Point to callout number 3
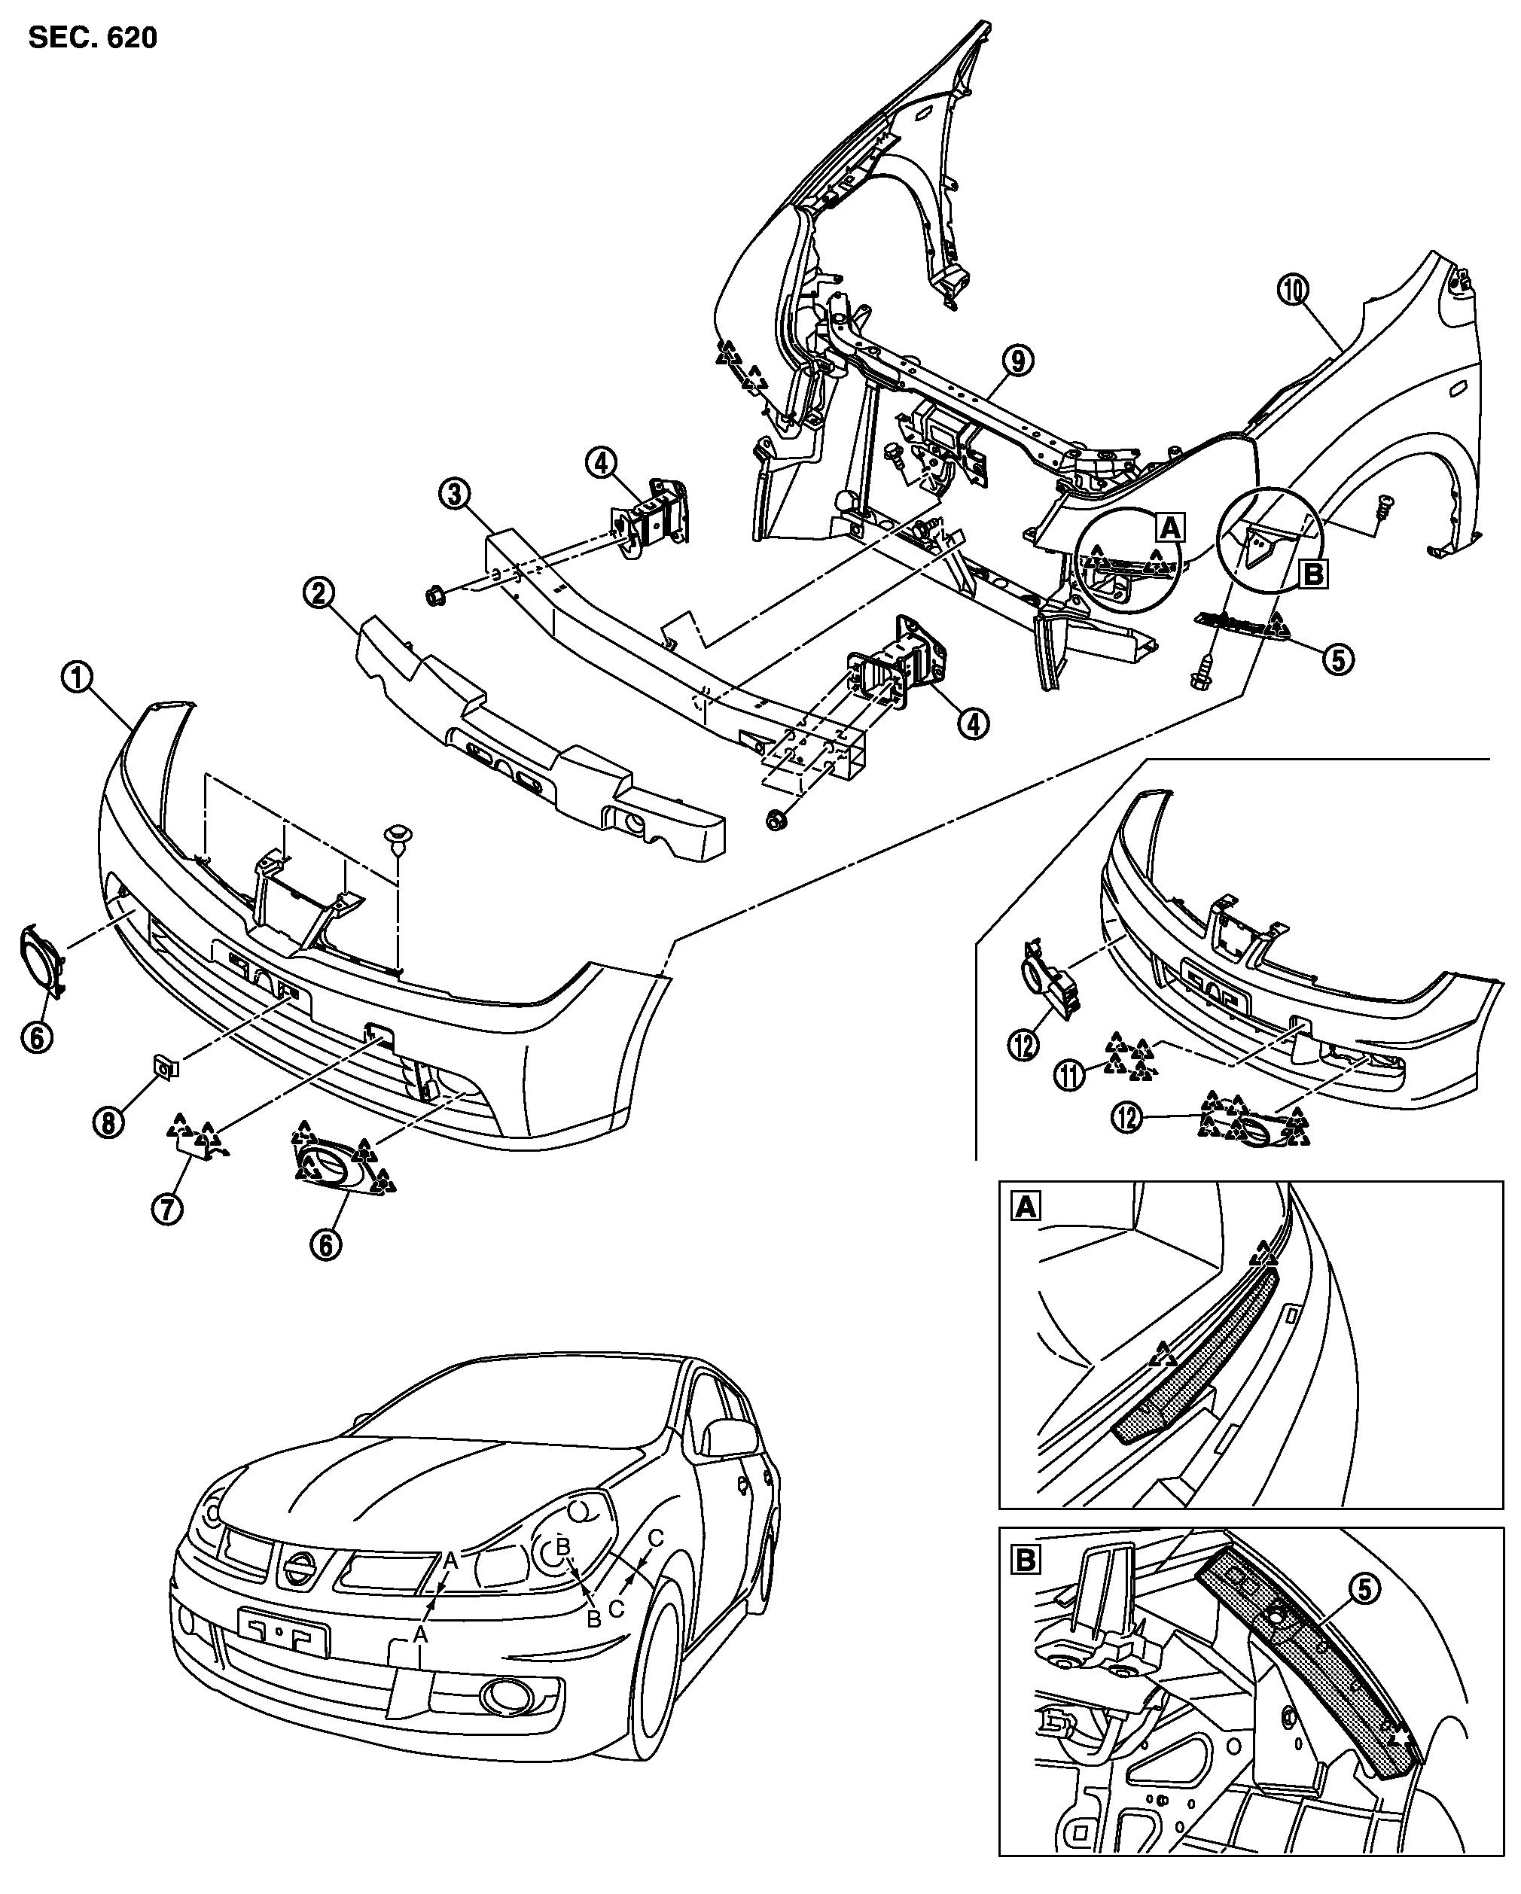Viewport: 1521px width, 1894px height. (454, 494)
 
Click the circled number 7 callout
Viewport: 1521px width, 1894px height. (167, 1210)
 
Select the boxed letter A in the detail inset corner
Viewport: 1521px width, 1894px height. (1026, 1209)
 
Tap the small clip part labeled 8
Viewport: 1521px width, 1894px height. (164, 1067)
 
